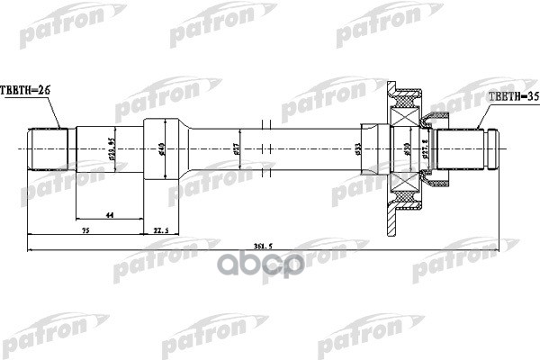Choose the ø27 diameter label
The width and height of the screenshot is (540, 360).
pyautogui.click(x=236, y=148)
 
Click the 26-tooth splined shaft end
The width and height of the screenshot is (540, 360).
pyautogui.click(x=50, y=148)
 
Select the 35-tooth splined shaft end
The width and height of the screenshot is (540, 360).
pyautogui.click(x=472, y=148)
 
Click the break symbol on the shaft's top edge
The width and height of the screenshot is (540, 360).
pyautogui.click(x=262, y=124)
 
